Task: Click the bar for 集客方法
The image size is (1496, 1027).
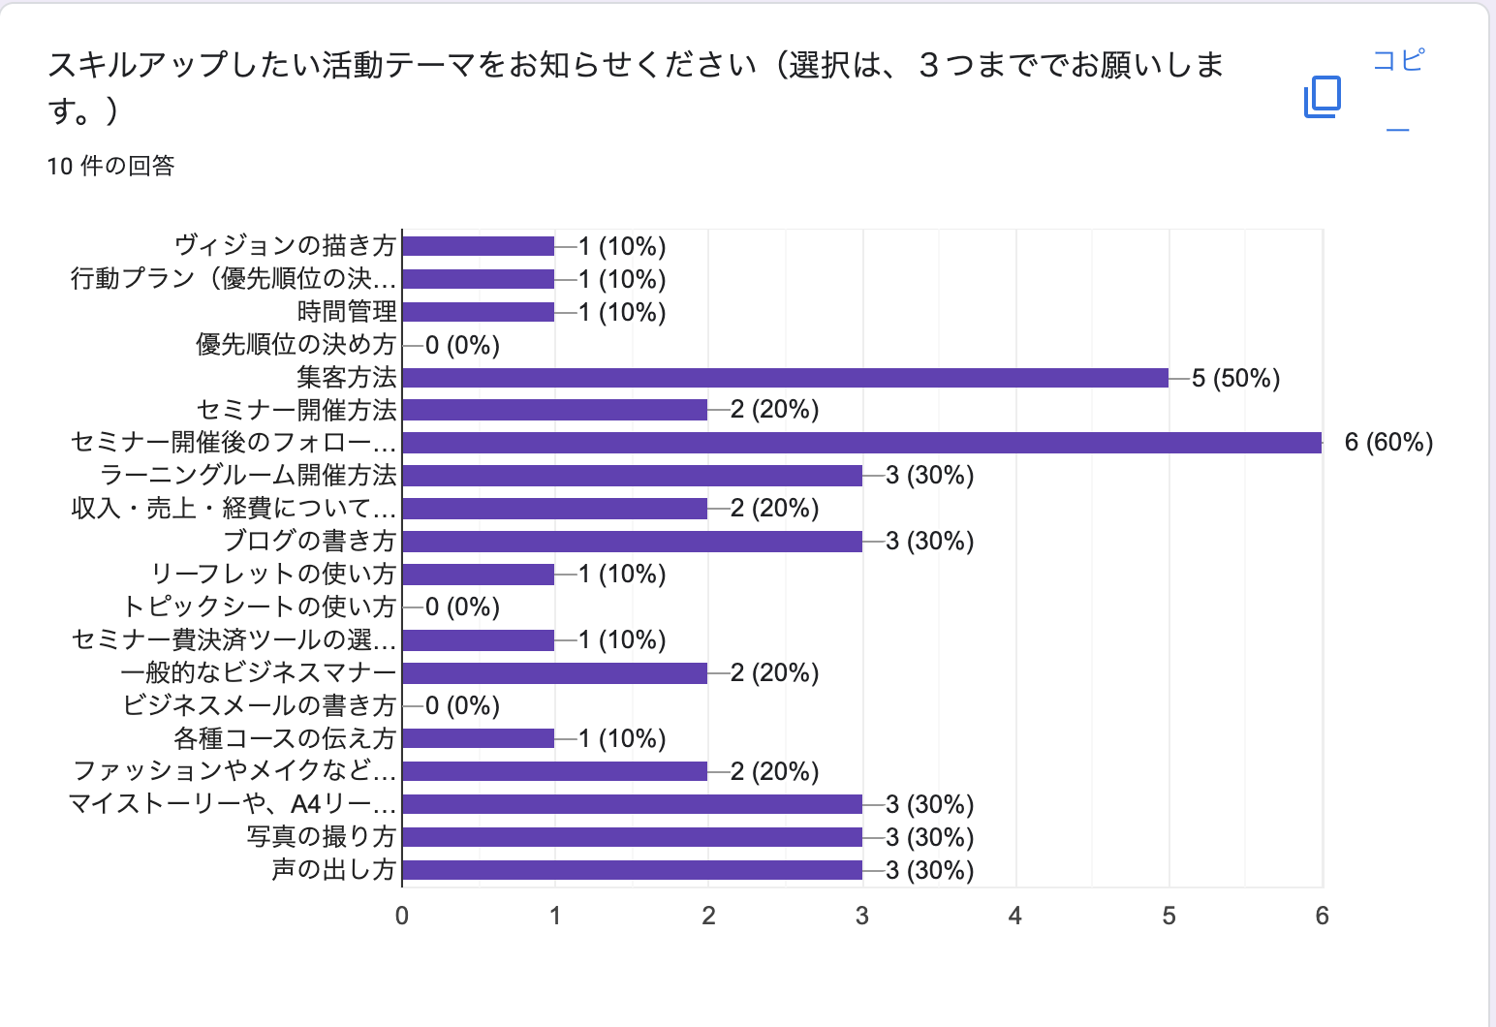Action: pyautogui.click(x=785, y=378)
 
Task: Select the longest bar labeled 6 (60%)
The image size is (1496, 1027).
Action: pyautogui.click(x=861, y=443)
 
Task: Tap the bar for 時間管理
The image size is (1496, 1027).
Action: pyautogui.click(x=478, y=312)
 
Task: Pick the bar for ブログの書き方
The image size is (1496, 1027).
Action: pyautogui.click(x=632, y=542)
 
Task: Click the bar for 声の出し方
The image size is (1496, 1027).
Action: pyautogui.click(x=632, y=870)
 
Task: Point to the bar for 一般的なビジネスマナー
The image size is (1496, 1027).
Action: pyautogui.click(x=554, y=673)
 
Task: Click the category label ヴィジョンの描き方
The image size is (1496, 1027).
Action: pyautogui.click(x=285, y=246)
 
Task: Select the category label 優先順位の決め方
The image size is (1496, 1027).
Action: pyautogui.click(x=296, y=345)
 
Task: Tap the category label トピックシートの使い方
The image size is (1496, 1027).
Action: pyautogui.click(x=259, y=607)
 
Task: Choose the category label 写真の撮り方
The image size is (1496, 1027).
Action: pyautogui.click(x=321, y=837)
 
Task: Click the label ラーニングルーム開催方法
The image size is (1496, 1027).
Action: pyautogui.click(x=248, y=476)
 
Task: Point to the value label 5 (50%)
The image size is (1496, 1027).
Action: pyautogui.click(x=1235, y=378)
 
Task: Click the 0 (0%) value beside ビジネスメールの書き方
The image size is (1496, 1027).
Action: pyautogui.click(x=462, y=706)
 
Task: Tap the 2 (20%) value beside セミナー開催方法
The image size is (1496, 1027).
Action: pyautogui.click(x=774, y=410)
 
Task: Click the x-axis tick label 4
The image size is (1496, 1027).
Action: pyautogui.click(x=1014, y=917)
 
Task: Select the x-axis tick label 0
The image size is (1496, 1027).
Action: pyautogui.click(x=402, y=917)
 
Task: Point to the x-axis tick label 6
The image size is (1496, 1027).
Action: pyautogui.click(x=1322, y=917)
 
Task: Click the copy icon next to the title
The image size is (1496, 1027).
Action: pyautogui.click(x=1322, y=97)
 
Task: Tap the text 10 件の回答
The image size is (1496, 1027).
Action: pyautogui.click(x=110, y=167)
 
